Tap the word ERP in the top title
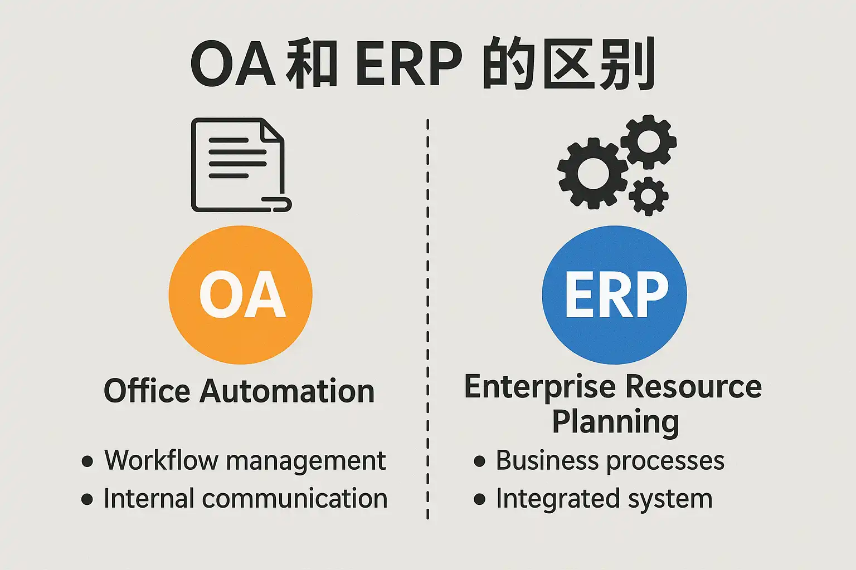(408, 65)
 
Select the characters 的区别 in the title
(568, 65)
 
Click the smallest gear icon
(648, 196)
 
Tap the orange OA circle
(241, 294)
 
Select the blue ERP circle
(614, 294)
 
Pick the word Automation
(287, 391)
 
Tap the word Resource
(693, 387)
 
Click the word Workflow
(160, 461)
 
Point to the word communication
(295, 499)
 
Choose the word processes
(665, 461)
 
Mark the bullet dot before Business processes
(479, 461)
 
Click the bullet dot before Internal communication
(87, 499)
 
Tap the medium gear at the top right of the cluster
(648, 141)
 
